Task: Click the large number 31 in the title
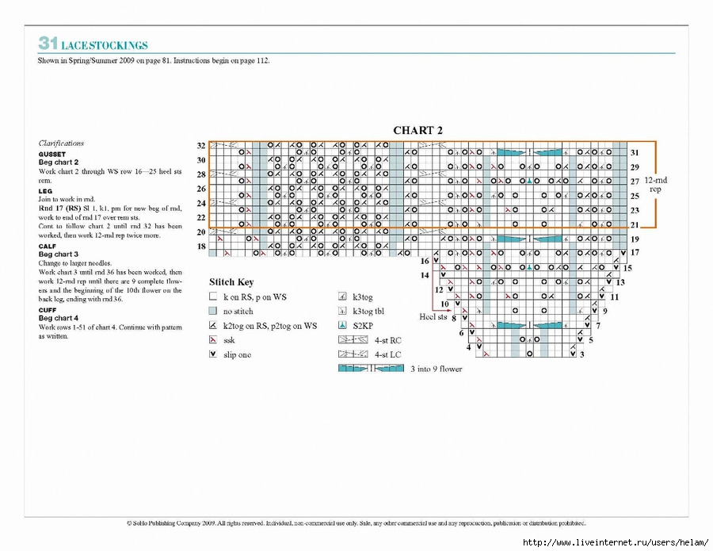pyautogui.click(x=48, y=44)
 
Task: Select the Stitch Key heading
pyautogui.click(x=231, y=281)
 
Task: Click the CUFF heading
pyautogui.click(x=48, y=309)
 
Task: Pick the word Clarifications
pyautogui.click(x=61, y=143)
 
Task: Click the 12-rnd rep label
pyautogui.click(x=656, y=185)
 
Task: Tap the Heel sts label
pyautogui.click(x=433, y=316)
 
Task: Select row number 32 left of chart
pyautogui.click(x=201, y=146)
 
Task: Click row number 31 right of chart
pyautogui.click(x=635, y=152)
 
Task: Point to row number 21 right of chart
pyautogui.click(x=635, y=224)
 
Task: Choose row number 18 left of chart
pyautogui.click(x=201, y=247)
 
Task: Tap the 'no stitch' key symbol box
pyautogui.click(x=212, y=312)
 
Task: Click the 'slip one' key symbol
pyautogui.click(x=212, y=354)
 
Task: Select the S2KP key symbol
pyautogui.click(x=343, y=326)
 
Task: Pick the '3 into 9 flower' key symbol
pyautogui.click(x=371, y=369)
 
